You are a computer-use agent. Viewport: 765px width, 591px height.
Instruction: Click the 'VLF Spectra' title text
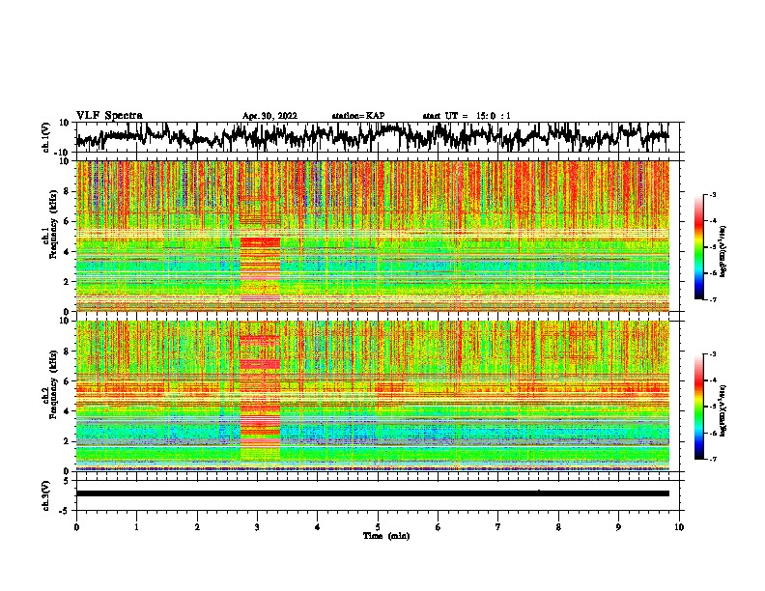pos(109,115)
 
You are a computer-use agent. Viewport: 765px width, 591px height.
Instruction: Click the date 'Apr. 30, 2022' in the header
pos(269,116)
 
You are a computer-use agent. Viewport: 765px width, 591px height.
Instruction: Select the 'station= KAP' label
pos(357,116)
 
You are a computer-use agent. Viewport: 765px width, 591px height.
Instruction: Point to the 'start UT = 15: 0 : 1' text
pos(467,116)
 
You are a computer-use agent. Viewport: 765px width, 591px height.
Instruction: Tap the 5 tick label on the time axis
pos(378,526)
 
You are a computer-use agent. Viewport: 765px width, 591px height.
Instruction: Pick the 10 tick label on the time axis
pos(679,526)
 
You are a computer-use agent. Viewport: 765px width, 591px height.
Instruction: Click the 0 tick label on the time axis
pos(76,526)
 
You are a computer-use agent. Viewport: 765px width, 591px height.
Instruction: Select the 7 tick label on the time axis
pos(498,526)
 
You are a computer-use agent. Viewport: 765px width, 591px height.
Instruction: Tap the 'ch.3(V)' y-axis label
pos(45,492)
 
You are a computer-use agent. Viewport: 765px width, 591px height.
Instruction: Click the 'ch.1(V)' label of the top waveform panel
pos(45,138)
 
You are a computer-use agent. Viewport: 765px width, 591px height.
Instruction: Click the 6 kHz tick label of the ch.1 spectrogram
pos(67,221)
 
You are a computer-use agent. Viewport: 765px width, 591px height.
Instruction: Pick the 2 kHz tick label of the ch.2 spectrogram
pos(67,440)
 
